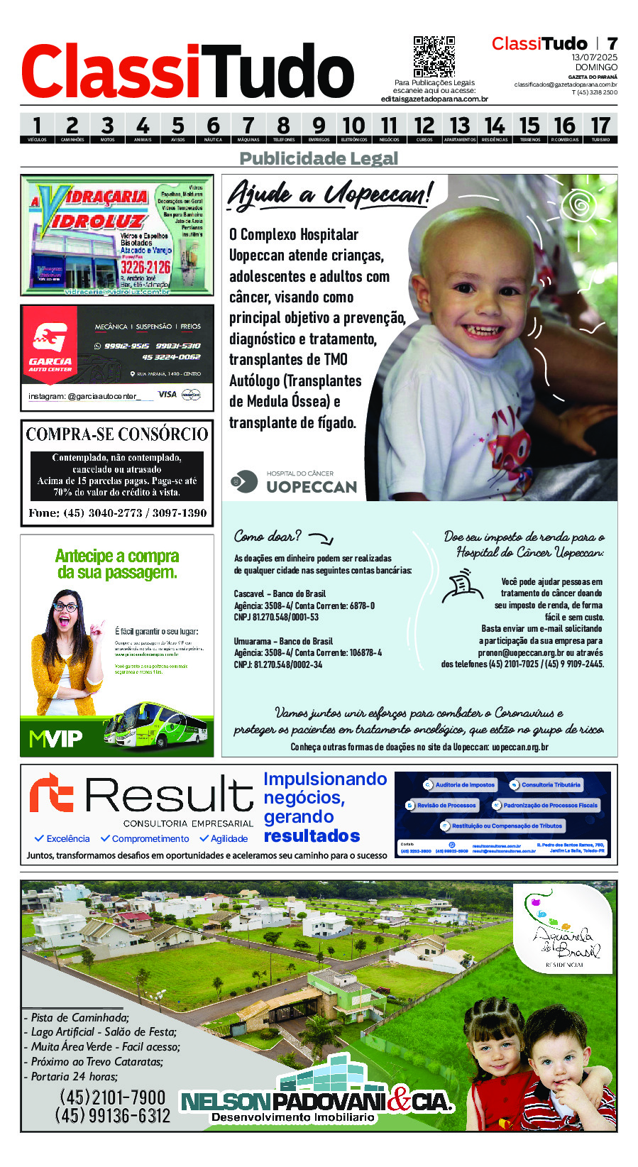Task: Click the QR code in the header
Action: tap(434, 56)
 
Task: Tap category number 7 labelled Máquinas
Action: tap(248, 128)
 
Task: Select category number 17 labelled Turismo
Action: tap(600, 128)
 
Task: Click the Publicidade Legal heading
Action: tap(319, 158)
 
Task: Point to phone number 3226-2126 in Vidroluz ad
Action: tap(145, 267)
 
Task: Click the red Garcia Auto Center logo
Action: tap(50, 344)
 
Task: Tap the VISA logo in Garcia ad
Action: tap(167, 395)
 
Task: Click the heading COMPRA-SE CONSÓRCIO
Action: tap(117, 434)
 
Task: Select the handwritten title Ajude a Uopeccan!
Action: tap(329, 194)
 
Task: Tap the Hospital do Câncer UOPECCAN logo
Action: tap(294, 482)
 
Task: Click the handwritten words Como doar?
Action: tap(268, 536)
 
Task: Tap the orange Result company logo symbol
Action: tap(51, 793)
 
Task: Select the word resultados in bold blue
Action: tap(312, 836)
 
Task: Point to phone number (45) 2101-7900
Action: tap(112, 1097)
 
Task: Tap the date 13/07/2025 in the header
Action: tap(595, 57)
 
